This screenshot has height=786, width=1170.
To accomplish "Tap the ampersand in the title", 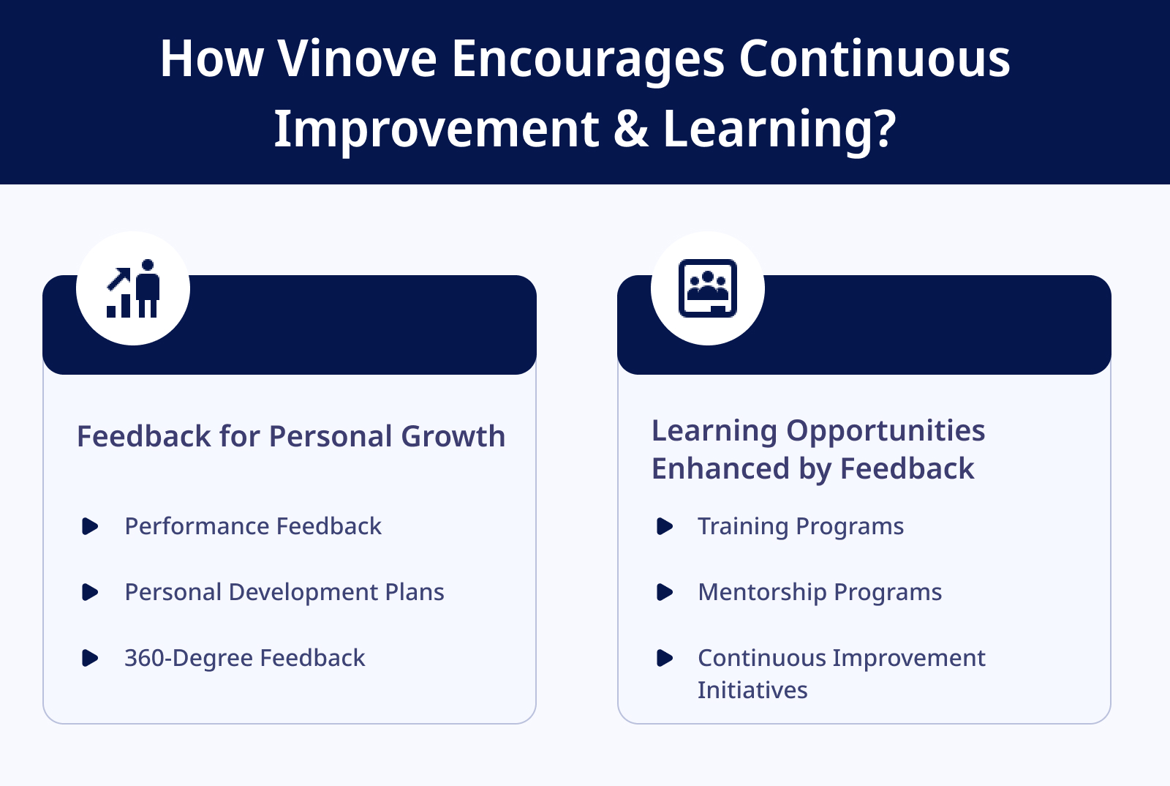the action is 631,128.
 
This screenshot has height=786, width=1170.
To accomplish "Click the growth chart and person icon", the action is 133,288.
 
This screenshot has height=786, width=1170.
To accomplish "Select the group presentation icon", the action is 708,288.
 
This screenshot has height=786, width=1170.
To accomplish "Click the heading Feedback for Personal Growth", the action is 291,436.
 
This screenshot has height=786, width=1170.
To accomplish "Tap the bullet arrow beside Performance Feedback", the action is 90,526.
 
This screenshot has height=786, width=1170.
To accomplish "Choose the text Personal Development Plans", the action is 284,592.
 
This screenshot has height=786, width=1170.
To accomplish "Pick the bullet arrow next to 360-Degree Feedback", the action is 90,658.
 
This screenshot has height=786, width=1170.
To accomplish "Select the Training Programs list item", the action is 801,526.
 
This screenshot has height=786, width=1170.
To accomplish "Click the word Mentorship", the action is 762,592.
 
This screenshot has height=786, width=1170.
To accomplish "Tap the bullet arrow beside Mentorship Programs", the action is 665,592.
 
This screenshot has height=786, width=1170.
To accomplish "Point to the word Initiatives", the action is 752,690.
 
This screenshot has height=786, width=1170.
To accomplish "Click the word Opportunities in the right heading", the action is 886,431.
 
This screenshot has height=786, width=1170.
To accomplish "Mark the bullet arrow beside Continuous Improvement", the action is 665,658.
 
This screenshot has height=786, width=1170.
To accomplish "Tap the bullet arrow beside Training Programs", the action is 665,526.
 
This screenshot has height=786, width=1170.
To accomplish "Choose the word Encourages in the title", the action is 588,61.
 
